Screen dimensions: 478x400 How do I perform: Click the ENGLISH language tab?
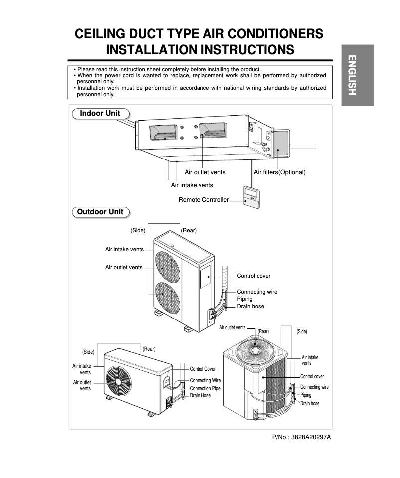pyautogui.click(x=357, y=75)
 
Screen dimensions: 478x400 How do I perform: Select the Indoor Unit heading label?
pyautogui.click(x=100, y=113)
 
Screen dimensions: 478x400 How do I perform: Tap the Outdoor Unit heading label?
pyautogui.click(x=100, y=212)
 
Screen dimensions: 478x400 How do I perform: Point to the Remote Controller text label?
pyautogui.click(x=203, y=200)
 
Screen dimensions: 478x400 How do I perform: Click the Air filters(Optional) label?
pyautogui.click(x=279, y=172)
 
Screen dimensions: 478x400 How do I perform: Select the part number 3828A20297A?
pyautogui.click(x=301, y=437)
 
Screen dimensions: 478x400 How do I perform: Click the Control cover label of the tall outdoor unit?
pyautogui.click(x=254, y=276)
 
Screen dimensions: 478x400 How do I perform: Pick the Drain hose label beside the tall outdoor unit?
pyautogui.click(x=250, y=306)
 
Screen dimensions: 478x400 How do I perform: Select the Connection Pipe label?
pyautogui.click(x=205, y=388)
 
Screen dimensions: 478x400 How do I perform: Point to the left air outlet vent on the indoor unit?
pyautogui.click(x=163, y=132)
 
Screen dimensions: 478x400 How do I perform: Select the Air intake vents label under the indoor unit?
pyautogui.click(x=192, y=185)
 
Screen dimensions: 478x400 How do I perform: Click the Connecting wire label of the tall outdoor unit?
pyautogui.click(x=257, y=292)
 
